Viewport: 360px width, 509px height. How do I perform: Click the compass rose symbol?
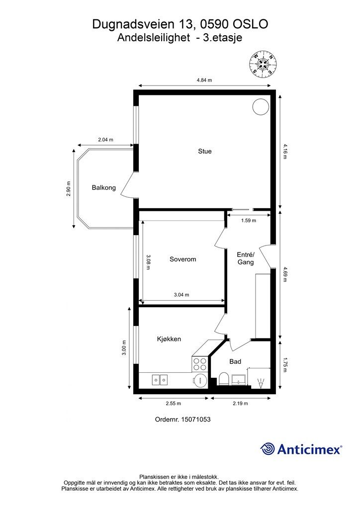263,64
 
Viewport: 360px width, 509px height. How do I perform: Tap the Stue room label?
205,151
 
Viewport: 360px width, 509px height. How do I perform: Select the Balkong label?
104,187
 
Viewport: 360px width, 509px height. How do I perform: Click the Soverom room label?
183,259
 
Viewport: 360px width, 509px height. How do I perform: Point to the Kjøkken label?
169,339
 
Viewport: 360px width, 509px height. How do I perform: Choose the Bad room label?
235,361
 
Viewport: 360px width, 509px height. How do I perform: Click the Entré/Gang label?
246,258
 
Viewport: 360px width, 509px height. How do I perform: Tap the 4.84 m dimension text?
204,80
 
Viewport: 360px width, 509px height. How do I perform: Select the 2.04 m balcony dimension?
106,140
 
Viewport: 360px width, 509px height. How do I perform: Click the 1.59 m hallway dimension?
248,221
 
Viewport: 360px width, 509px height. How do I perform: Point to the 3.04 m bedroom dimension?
181,295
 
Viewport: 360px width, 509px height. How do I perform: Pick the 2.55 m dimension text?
174,404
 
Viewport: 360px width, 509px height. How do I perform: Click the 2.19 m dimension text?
240,404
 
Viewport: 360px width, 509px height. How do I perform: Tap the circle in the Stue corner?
261,106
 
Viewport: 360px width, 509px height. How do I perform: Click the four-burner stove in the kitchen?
200,364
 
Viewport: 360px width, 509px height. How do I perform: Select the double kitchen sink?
160,379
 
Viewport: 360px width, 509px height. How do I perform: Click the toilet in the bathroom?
224,379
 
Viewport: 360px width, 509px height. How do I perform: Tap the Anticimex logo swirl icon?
267,449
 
